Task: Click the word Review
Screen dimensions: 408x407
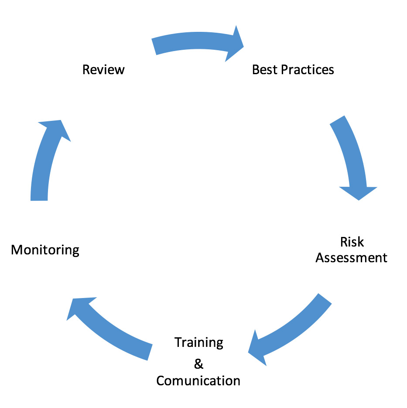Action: (x=103, y=69)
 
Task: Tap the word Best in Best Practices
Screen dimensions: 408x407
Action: (x=264, y=69)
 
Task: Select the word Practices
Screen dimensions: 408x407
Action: (x=307, y=69)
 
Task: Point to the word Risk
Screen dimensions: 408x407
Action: (x=352, y=242)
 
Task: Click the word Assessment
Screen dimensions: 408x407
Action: (x=351, y=257)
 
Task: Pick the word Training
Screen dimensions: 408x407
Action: (x=198, y=343)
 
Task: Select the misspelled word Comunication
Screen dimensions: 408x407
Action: (x=198, y=381)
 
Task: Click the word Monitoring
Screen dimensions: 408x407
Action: (x=45, y=250)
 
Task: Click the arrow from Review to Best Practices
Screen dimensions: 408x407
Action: (x=192, y=44)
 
